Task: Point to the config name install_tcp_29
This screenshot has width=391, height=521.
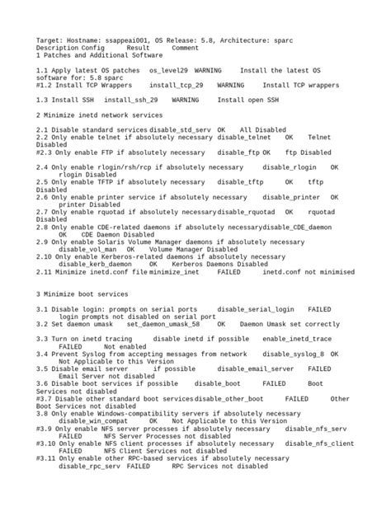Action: coord(176,85)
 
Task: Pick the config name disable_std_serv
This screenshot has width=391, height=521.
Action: coord(180,130)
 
